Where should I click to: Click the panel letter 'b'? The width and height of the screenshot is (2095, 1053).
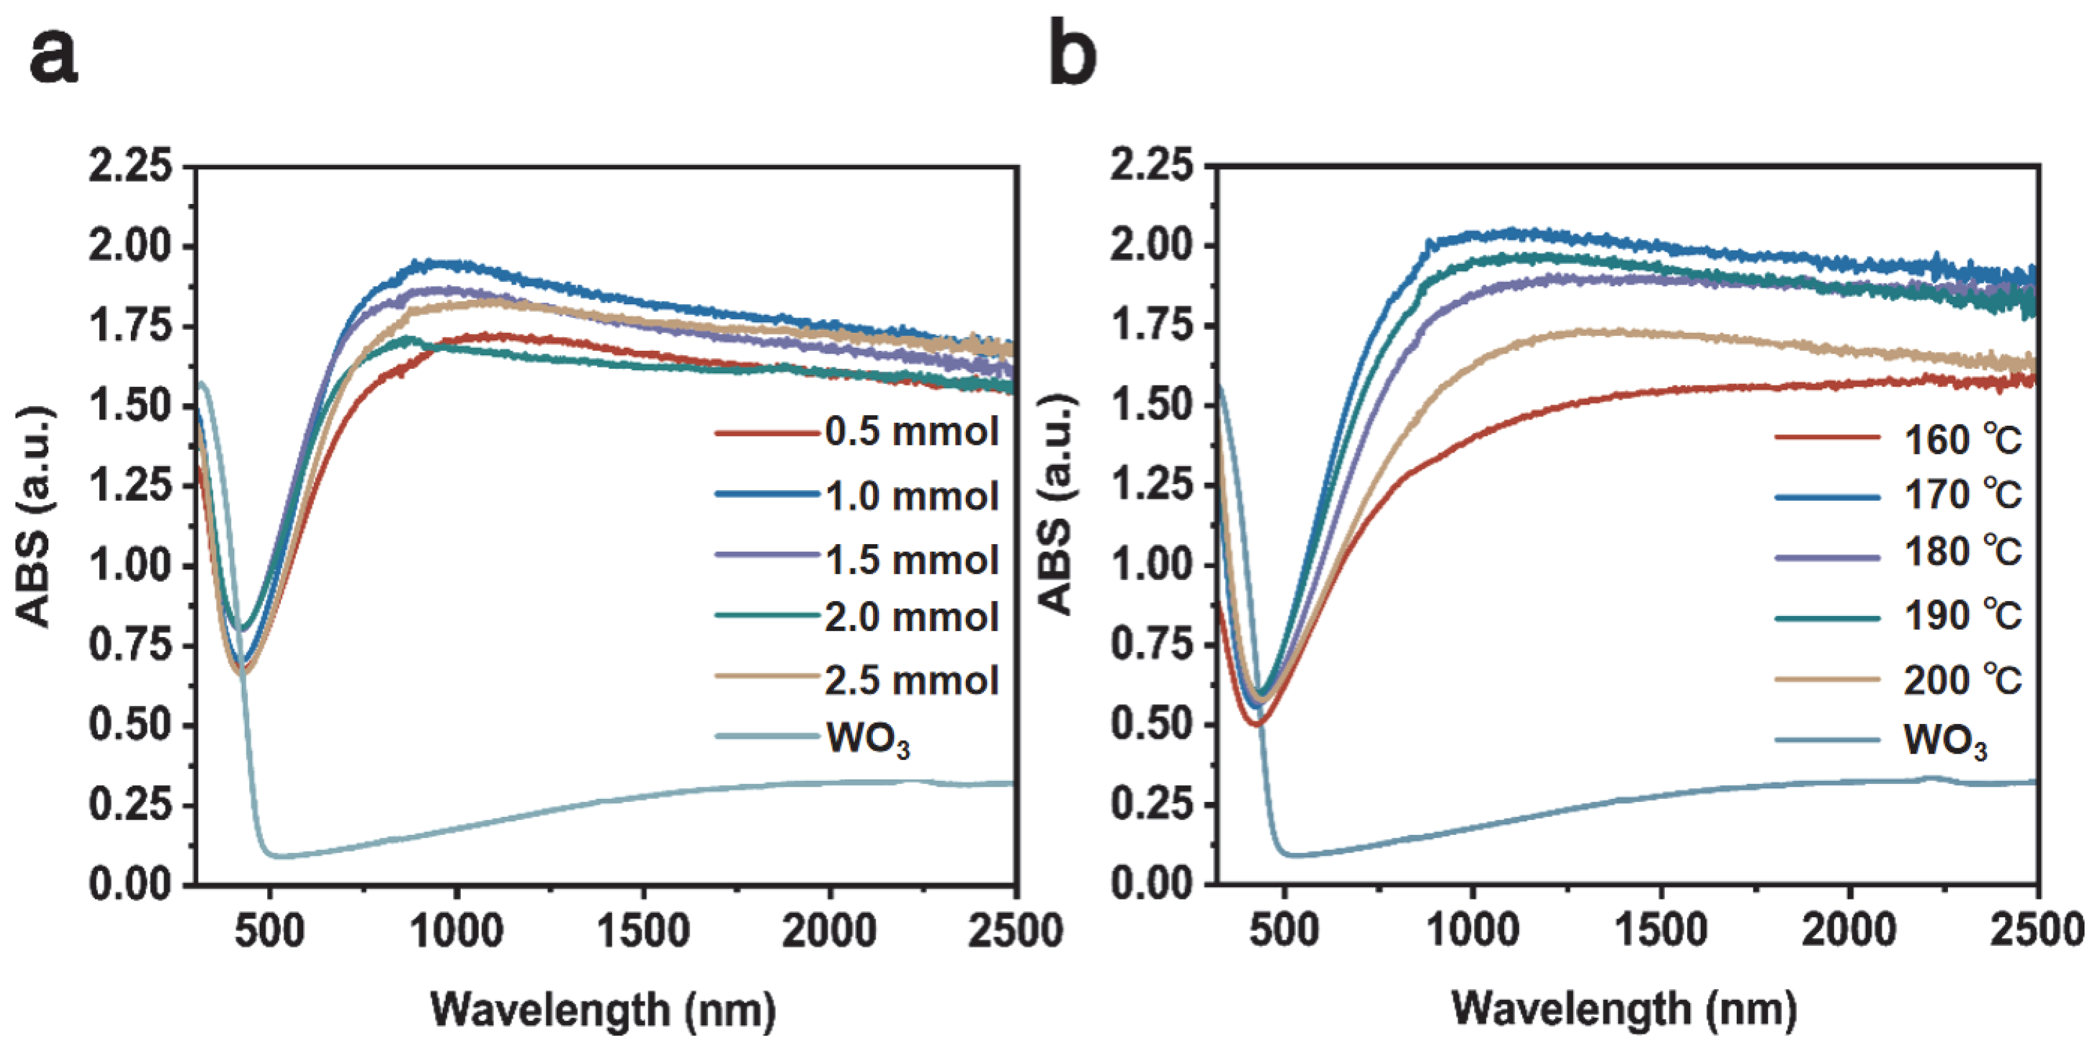[1072, 54]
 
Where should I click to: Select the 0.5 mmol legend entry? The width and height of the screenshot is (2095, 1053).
[911, 432]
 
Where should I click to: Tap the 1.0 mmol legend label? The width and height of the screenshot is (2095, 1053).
[911, 496]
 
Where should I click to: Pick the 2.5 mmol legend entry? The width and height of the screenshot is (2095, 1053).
[911, 681]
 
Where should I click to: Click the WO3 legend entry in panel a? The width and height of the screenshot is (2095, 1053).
[867, 739]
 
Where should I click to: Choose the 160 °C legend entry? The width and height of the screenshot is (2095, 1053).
[1962, 440]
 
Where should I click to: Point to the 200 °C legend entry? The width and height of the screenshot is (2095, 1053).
[1962, 680]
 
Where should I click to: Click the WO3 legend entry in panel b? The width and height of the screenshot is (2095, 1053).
[1944, 741]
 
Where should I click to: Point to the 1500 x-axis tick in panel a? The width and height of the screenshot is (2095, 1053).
[644, 930]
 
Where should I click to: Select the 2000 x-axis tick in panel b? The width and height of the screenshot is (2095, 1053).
[1849, 930]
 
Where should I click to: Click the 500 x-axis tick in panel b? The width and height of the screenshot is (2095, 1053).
[1284, 930]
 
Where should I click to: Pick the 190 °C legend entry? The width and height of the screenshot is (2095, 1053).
[1962, 616]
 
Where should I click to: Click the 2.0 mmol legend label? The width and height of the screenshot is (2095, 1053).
[911, 617]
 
